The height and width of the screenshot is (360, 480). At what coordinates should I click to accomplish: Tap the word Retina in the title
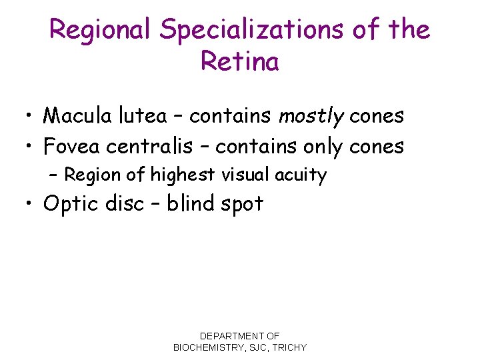point(239,63)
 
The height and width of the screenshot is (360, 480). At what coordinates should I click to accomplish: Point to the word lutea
point(141,116)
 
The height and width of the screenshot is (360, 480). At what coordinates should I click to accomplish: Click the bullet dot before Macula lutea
point(31,117)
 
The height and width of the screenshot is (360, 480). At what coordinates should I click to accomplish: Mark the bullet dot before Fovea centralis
point(31,146)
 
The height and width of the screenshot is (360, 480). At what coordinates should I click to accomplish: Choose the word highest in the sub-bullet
point(182,175)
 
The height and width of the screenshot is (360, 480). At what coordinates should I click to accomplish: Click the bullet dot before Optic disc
point(31,204)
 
